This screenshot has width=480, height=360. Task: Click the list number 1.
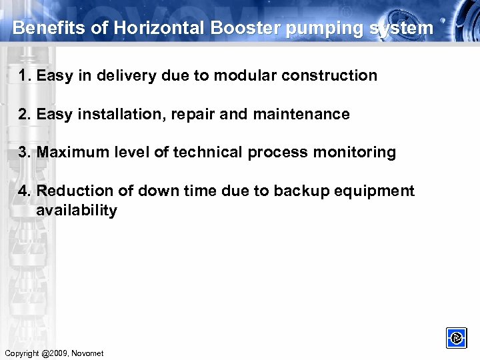coord(25,75)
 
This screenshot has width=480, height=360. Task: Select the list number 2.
coord(25,114)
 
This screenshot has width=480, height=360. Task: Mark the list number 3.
coord(25,153)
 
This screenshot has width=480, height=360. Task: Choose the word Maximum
coord(70,153)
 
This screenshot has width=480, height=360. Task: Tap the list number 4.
coord(25,191)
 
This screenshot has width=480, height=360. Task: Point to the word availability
coord(77,211)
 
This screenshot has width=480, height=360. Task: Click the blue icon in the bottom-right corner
coord(457,338)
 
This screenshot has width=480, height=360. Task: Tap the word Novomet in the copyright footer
coord(88,353)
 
